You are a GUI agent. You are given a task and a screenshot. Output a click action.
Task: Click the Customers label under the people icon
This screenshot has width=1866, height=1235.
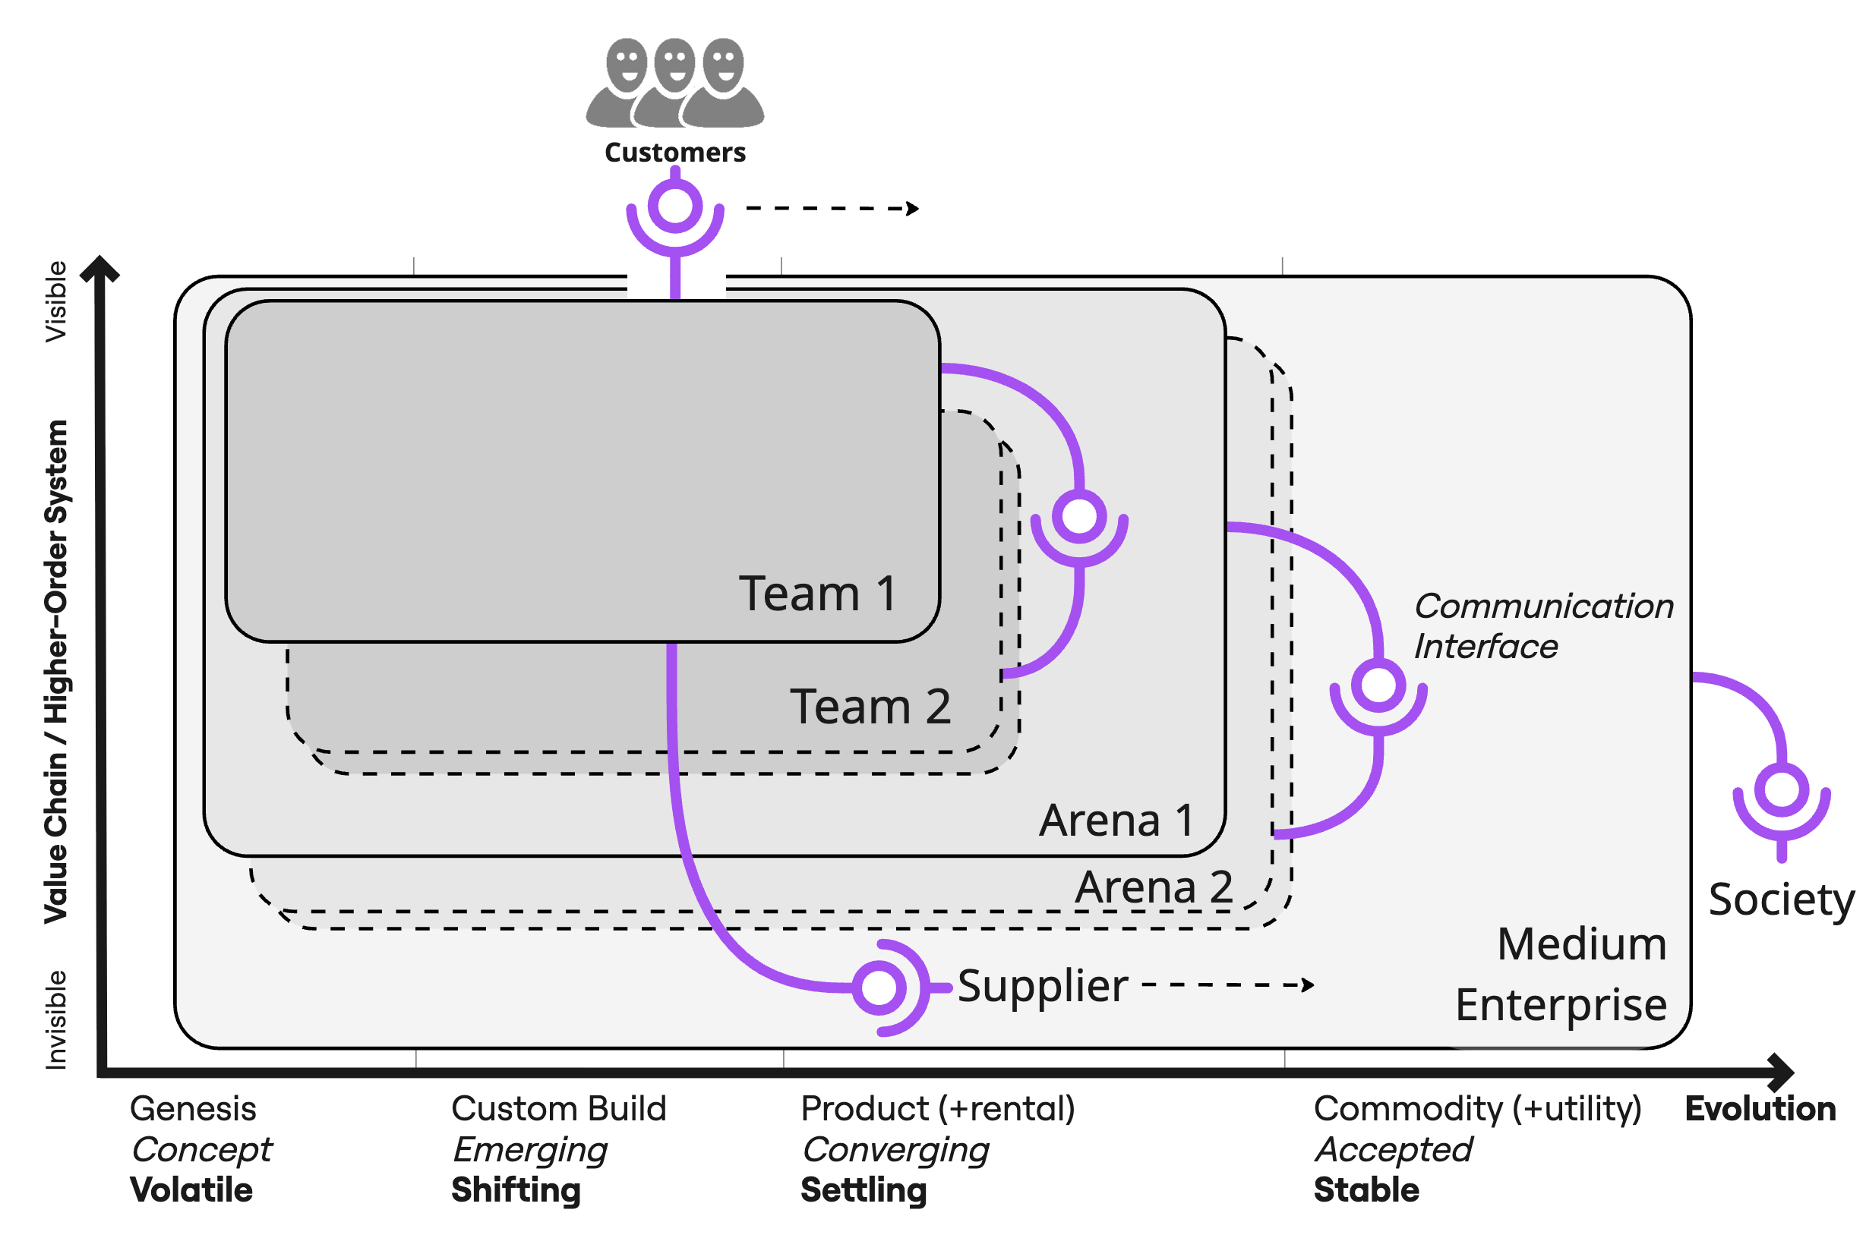coord(674,152)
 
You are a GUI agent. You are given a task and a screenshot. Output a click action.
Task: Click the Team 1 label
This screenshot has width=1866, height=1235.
coord(817,593)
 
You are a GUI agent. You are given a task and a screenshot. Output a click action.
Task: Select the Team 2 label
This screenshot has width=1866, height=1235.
coord(870,706)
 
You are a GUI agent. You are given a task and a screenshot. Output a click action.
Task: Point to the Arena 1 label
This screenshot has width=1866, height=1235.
coord(1116,821)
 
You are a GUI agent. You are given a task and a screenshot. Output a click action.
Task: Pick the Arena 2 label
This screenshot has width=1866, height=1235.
coord(1154,887)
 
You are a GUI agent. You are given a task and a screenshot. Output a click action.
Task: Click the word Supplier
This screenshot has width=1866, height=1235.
coord(1042,986)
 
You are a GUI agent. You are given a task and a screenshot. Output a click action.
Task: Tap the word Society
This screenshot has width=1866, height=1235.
coord(1781,899)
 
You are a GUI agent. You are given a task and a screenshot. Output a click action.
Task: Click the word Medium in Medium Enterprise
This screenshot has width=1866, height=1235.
coord(1580,944)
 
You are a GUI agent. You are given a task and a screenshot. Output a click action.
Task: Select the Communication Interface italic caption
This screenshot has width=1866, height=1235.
coord(1543,626)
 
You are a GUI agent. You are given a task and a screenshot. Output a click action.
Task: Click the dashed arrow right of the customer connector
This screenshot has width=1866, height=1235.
coord(832,209)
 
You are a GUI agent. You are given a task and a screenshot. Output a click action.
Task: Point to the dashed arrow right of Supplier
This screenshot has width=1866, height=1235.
coord(1227,985)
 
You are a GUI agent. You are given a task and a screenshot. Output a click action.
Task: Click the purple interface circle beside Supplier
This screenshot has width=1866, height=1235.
coord(879,987)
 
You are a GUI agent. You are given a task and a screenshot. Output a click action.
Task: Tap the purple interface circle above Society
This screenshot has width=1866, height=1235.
coord(1781,790)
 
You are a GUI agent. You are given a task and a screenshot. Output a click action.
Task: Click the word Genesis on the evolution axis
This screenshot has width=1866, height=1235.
coord(193,1109)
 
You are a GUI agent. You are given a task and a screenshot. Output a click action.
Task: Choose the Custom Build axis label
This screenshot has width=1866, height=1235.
coord(559,1109)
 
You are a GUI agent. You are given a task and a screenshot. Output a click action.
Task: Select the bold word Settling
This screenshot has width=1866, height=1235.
coord(864,1189)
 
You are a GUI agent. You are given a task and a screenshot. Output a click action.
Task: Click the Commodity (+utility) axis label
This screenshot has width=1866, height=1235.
coord(1476,1109)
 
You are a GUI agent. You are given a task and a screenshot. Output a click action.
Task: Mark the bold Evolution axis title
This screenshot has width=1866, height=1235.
coord(1760,1109)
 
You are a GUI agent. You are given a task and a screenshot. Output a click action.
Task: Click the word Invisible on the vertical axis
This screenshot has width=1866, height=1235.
coord(56,1020)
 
